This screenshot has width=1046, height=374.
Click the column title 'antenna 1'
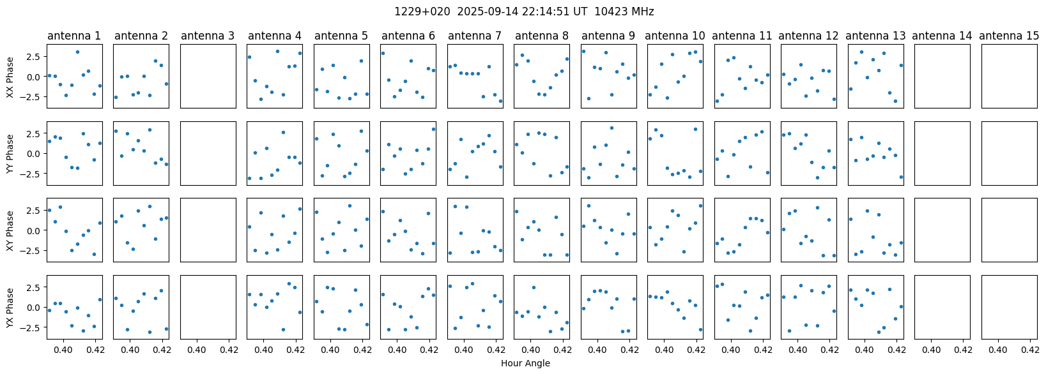click(x=74, y=36)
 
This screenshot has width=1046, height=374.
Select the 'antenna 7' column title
click(x=474, y=36)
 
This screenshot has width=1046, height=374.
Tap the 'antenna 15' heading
click(x=1009, y=36)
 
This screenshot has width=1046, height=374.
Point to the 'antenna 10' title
click(x=675, y=36)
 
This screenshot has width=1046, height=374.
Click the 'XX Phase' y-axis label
click(x=10, y=77)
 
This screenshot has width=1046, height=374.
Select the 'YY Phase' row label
click(x=10, y=153)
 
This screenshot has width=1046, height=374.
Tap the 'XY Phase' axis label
click(x=10, y=230)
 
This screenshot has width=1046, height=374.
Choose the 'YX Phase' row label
click(x=10, y=308)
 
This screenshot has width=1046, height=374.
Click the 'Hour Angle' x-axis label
click(x=525, y=363)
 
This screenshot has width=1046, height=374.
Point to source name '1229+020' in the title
click(x=422, y=11)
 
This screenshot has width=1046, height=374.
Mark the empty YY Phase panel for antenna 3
click(x=208, y=153)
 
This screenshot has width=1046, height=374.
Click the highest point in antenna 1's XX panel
click(x=77, y=52)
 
